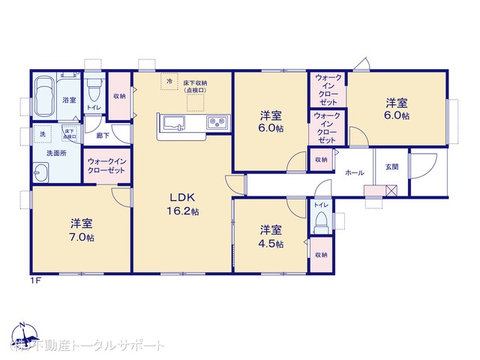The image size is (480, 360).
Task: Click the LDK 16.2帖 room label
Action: click(182, 204)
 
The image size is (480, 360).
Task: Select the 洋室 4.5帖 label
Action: click(271, 236)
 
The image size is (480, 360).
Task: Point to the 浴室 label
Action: click(70, 99)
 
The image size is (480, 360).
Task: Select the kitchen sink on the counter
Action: click(172, 122)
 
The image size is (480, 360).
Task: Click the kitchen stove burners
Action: click(217, 122)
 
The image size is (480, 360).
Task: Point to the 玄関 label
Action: click(392, 167)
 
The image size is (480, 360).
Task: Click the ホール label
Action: click(354, 173)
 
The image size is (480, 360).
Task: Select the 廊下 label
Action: click(101, 136)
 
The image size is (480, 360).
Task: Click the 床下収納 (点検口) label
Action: click(196, 86)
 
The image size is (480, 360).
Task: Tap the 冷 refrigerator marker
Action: click(169, 80)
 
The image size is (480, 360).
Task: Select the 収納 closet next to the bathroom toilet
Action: click(119, 96)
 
